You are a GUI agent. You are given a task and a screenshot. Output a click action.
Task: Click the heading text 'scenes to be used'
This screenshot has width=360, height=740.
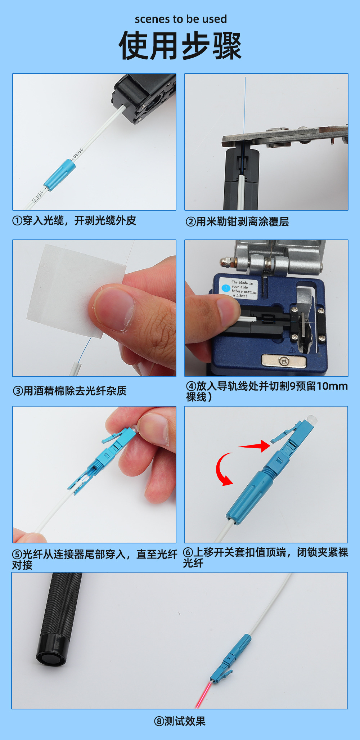coord(181,19)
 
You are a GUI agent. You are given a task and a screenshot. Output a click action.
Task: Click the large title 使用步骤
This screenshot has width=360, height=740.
coord(180,46)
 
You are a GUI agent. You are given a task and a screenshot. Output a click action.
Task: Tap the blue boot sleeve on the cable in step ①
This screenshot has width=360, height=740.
coord(60,175)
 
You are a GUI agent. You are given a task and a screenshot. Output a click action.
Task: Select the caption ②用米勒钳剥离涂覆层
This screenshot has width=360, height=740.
coord(237,221)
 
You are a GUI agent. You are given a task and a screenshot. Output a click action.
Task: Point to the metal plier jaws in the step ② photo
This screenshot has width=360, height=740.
coord(284,137)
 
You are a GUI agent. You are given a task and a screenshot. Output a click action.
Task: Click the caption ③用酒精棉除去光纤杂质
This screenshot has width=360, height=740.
coord(70,391)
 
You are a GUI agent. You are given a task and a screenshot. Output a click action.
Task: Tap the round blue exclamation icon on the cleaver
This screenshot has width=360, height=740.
coord(226,288)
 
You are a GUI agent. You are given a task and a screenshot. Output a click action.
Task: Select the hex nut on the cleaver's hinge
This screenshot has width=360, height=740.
coord(227,263)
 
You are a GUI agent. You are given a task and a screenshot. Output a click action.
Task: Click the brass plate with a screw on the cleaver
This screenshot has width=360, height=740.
coord(284,360)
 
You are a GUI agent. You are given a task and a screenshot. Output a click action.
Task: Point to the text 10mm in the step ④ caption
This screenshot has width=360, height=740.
coord(332,386)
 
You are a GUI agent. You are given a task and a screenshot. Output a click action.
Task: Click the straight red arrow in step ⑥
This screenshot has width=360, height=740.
coord(255,446)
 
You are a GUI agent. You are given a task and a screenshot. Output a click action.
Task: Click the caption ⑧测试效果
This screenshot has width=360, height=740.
coord(180,721)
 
